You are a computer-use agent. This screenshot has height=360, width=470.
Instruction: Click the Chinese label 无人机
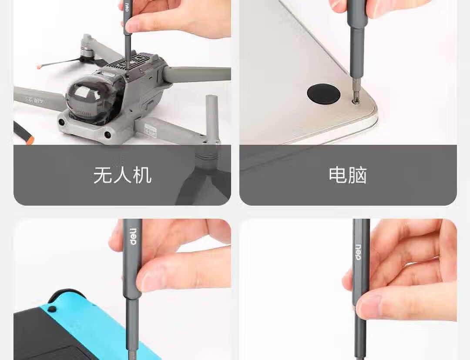[x=122, y=175]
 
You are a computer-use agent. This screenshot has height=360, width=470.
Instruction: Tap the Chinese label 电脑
[x=348, y=175]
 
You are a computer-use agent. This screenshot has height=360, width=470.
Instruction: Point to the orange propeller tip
[x=39, y=67]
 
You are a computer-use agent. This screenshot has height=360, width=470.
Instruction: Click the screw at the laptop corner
[x=356, y=101]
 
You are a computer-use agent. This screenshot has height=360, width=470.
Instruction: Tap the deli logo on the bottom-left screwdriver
[x=134, y=237]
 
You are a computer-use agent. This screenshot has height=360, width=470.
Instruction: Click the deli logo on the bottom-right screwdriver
[x=358, y=252]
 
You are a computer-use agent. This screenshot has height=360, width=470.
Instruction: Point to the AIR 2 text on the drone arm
[x=34, y=100]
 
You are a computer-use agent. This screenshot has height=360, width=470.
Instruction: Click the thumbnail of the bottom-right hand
[x=372, y=307]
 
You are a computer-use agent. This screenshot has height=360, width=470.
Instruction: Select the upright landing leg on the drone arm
[x=211, y=118]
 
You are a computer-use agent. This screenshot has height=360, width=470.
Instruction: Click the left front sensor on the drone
[x=62, y=122]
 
